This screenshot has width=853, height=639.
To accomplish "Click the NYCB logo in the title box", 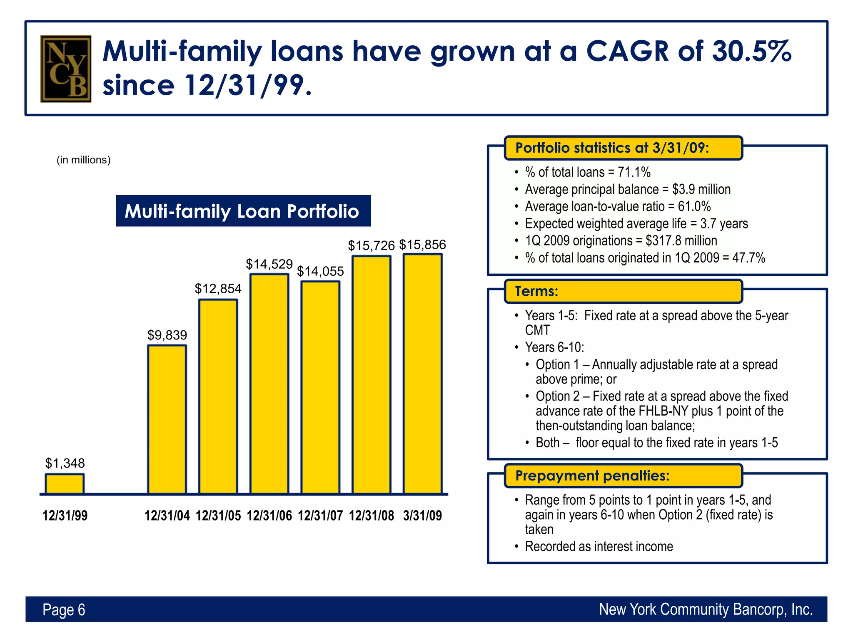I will coord(66,69).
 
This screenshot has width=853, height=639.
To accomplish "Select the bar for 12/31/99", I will coord(65,484).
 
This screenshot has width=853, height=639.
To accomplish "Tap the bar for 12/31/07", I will coord(320,388).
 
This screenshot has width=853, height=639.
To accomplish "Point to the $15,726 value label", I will coord(371,245).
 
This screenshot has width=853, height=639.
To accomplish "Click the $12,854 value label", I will coord(218,288).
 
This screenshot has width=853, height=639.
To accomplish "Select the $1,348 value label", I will coord(65,463).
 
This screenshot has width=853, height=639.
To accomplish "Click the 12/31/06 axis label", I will coord(269,516).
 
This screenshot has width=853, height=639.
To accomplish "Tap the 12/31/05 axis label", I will coord(218,516).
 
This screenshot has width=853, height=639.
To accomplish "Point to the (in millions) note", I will coord(83,160).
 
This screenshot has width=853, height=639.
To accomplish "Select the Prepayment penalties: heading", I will coord(592,476).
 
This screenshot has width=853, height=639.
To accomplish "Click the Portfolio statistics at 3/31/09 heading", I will coord(612,148).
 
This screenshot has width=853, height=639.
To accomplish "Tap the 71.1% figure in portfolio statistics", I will coord(634,172).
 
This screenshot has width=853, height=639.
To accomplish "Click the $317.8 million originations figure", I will coord(681,240).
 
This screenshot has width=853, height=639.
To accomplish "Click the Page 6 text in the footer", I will coord(64,610).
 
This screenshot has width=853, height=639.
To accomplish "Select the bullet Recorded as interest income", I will coord(599,546).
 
